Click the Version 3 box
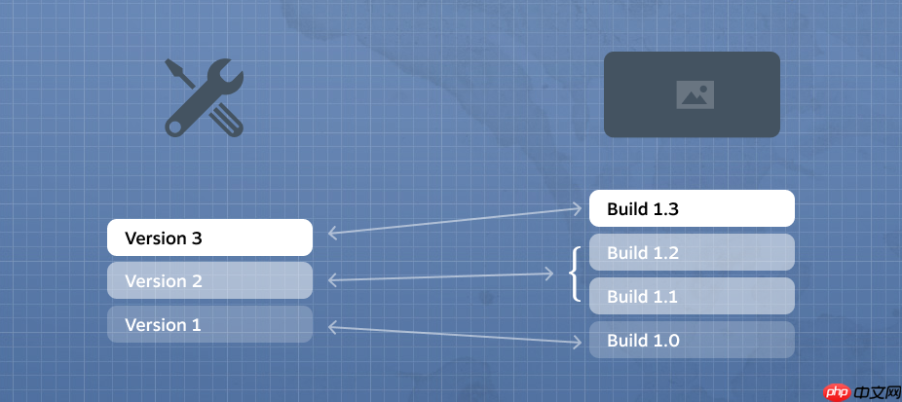click(209, 238)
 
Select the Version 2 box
click(209, 280)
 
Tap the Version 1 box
click(209, 324)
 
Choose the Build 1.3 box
click(692, 208)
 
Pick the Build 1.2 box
click(692, 253)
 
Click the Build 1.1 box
click(692, 296)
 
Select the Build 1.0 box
click(692, 340)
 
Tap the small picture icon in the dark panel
click(695, 94)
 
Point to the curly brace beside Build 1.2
click(576, 274)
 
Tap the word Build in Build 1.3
click(626, 208)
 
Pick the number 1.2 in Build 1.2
click(664, 253)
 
